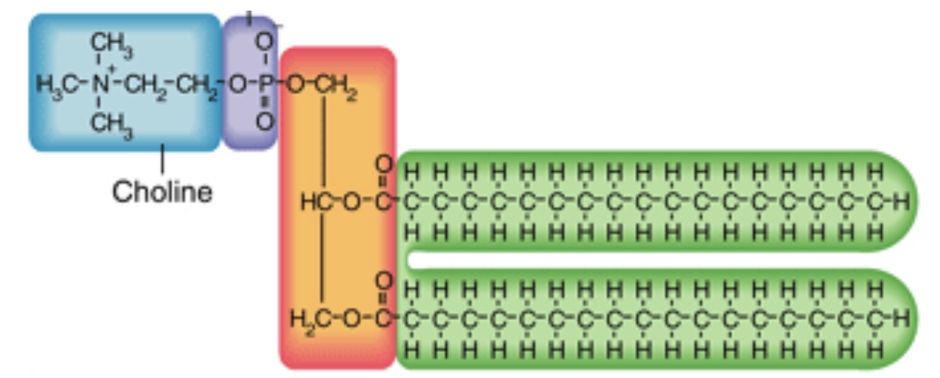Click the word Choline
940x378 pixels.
click(x=162, y=192)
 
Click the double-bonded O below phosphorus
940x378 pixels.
click(x=264, y=122)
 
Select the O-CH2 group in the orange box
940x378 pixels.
click(x=323, y=86)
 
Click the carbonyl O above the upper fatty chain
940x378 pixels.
click(x=384, y=166)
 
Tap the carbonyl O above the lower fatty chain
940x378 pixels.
click(x=384, y=282)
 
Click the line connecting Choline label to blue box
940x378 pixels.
click(x=162, y=160)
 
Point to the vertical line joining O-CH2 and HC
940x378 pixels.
click(x=325, y=142)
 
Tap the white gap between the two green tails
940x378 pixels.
click(x=637, y=261)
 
